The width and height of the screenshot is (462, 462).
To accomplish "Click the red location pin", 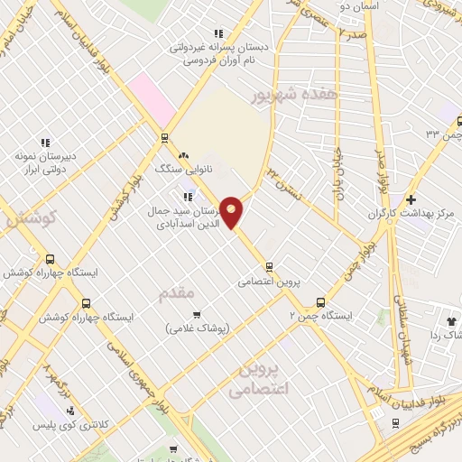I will pyautogui.click(x=233, y=211).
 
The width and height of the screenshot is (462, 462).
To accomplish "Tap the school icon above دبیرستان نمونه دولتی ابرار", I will pyautogui.click(x=45, y=143).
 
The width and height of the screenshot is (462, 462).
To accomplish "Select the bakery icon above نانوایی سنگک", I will pyautogui.click(x=183, y=155).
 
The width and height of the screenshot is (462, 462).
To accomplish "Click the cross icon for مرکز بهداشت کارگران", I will pyautogui.click(x=411, y=199).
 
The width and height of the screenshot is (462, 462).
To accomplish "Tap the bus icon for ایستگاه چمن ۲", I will pyautogui.click(x=320, y=303).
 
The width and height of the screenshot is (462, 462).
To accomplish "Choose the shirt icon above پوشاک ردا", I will pyautogui.click(x=451, y=319).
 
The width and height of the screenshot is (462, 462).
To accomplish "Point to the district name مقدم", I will pyautogui.click(x=176, y=293).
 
